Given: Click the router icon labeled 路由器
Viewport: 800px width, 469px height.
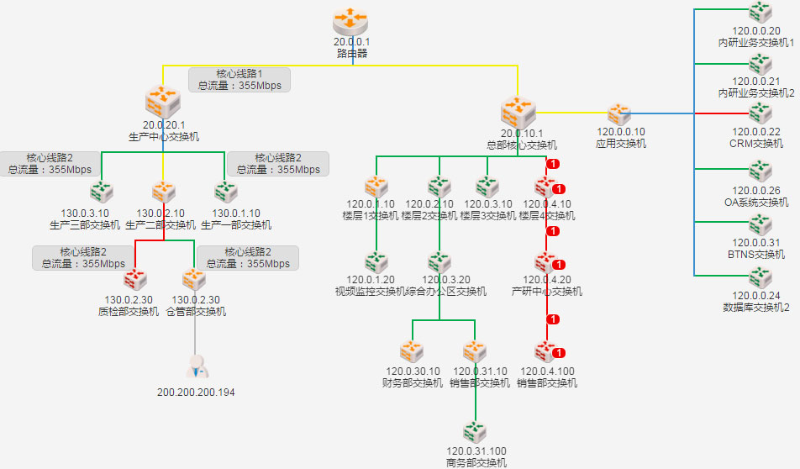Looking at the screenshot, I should [352, 21].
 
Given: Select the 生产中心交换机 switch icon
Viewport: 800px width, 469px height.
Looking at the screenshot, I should [163, 103].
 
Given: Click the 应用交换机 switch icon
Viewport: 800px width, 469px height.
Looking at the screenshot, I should [620, 113].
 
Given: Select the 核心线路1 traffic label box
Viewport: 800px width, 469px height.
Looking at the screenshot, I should [239, 79].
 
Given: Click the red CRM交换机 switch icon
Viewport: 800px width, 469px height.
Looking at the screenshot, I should [761, 113].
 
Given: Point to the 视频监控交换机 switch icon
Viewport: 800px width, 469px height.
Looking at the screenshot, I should [375, 263].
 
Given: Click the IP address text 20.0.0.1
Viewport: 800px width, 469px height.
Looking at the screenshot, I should [352, 41].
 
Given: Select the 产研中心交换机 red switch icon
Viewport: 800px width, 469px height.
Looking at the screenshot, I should [546, 263].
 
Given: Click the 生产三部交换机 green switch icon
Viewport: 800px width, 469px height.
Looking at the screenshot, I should [102, 192].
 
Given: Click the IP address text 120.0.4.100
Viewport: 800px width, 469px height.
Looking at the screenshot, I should [548, 372].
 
